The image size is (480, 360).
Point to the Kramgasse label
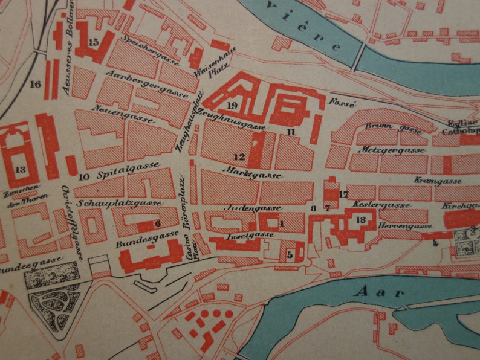[x=438, y=181]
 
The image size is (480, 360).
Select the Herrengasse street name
[x=404, y=227]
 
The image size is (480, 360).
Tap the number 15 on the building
[x=92, y=42]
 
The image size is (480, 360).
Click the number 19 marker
[x=232, y=105]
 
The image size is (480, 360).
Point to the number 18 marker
[x=362, y=220]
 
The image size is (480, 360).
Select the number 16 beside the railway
[x=34, y=84]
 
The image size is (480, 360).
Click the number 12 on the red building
[x=239, y=157]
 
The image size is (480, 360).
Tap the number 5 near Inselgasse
[x=290, y=254]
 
